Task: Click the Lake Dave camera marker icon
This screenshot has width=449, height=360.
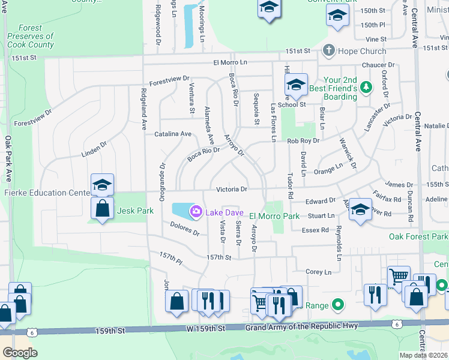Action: tap(196, 212)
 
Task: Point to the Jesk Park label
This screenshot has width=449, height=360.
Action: tap(136, 211)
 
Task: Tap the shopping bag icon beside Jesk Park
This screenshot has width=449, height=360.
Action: tap(103, 209)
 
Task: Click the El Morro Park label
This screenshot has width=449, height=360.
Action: tap(274, 216)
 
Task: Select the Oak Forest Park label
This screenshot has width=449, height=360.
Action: tap(418, 236)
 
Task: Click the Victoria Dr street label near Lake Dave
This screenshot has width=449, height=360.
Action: tap(232, 189)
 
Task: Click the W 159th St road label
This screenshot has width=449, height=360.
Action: tap(205, 328)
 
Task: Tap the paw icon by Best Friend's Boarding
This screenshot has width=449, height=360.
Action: tap(367, 88)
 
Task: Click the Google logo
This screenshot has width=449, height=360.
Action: tap(20, 353)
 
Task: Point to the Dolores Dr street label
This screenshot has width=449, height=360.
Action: tap(184, 229)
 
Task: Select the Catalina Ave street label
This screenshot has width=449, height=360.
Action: tap(173, 134)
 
